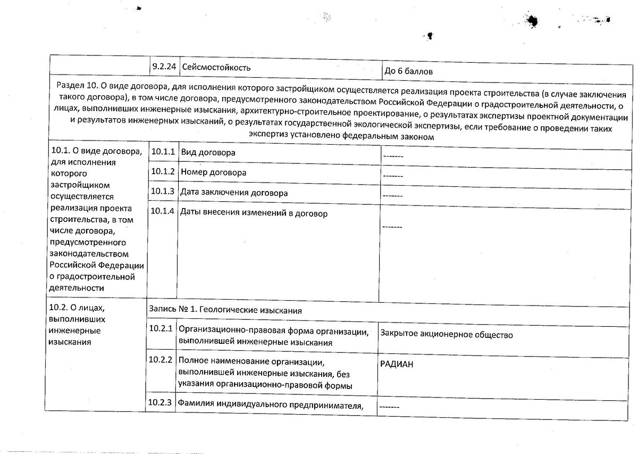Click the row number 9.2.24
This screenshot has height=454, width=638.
pos(163,67)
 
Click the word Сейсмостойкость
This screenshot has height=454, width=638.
pos(215,68)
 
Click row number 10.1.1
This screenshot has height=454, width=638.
pos(162,152)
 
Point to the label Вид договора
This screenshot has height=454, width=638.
pos(208,153)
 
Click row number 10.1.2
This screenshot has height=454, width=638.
pos(162,172)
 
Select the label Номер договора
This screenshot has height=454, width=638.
pos(213,172)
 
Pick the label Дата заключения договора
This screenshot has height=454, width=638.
pos(234,193)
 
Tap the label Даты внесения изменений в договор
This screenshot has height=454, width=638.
pos(254,213)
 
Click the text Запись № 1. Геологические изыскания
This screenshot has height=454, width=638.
pos(225,309)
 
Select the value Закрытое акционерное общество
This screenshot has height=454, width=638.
pos(446,334)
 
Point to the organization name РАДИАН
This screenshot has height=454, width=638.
pos(397,365)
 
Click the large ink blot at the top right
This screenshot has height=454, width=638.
pos(531,20)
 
